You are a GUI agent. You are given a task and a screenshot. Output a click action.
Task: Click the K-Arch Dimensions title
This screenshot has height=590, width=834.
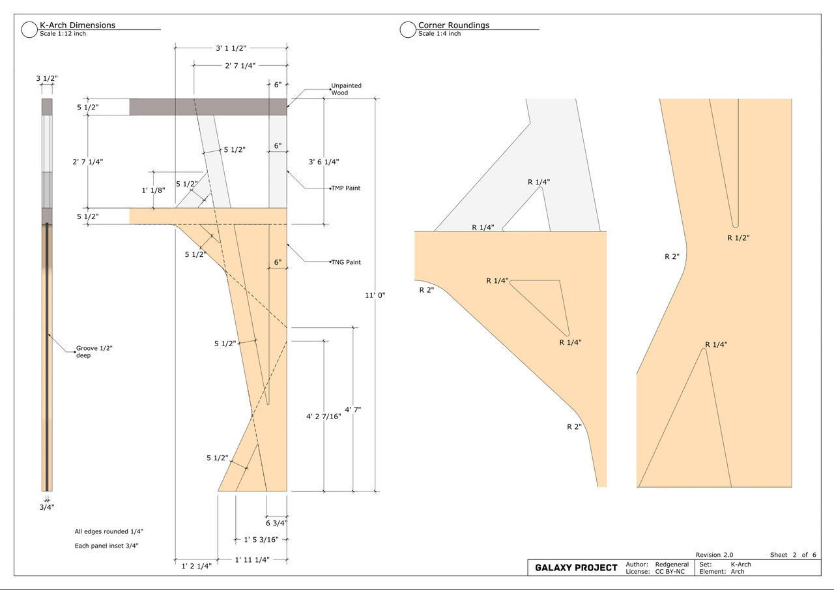[x=78, y=25]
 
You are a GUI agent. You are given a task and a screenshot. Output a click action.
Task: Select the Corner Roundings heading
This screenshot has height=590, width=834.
[x=453, y=25]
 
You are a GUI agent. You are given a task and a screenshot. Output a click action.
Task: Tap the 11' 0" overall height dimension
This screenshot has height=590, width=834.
[x=375, y=295]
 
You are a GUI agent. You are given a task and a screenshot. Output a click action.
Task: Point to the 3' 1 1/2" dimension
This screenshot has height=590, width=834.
[x=231, y=48]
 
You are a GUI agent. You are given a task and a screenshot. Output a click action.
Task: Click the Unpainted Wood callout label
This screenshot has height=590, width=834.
[x=346, y=89]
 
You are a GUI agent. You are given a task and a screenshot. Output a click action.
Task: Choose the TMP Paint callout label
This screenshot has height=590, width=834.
[x=346, y=188]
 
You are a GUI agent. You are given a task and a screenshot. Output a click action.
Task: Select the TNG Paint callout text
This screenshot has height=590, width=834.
[x=346, y=262]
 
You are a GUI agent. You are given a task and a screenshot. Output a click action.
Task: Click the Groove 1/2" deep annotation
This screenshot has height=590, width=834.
[x=94, y=351]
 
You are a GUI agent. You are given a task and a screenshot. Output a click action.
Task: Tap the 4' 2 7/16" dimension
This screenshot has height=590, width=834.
[x=324, y=417]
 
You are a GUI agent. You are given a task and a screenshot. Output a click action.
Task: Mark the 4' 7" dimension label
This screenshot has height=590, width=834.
[x=353, y=409]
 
